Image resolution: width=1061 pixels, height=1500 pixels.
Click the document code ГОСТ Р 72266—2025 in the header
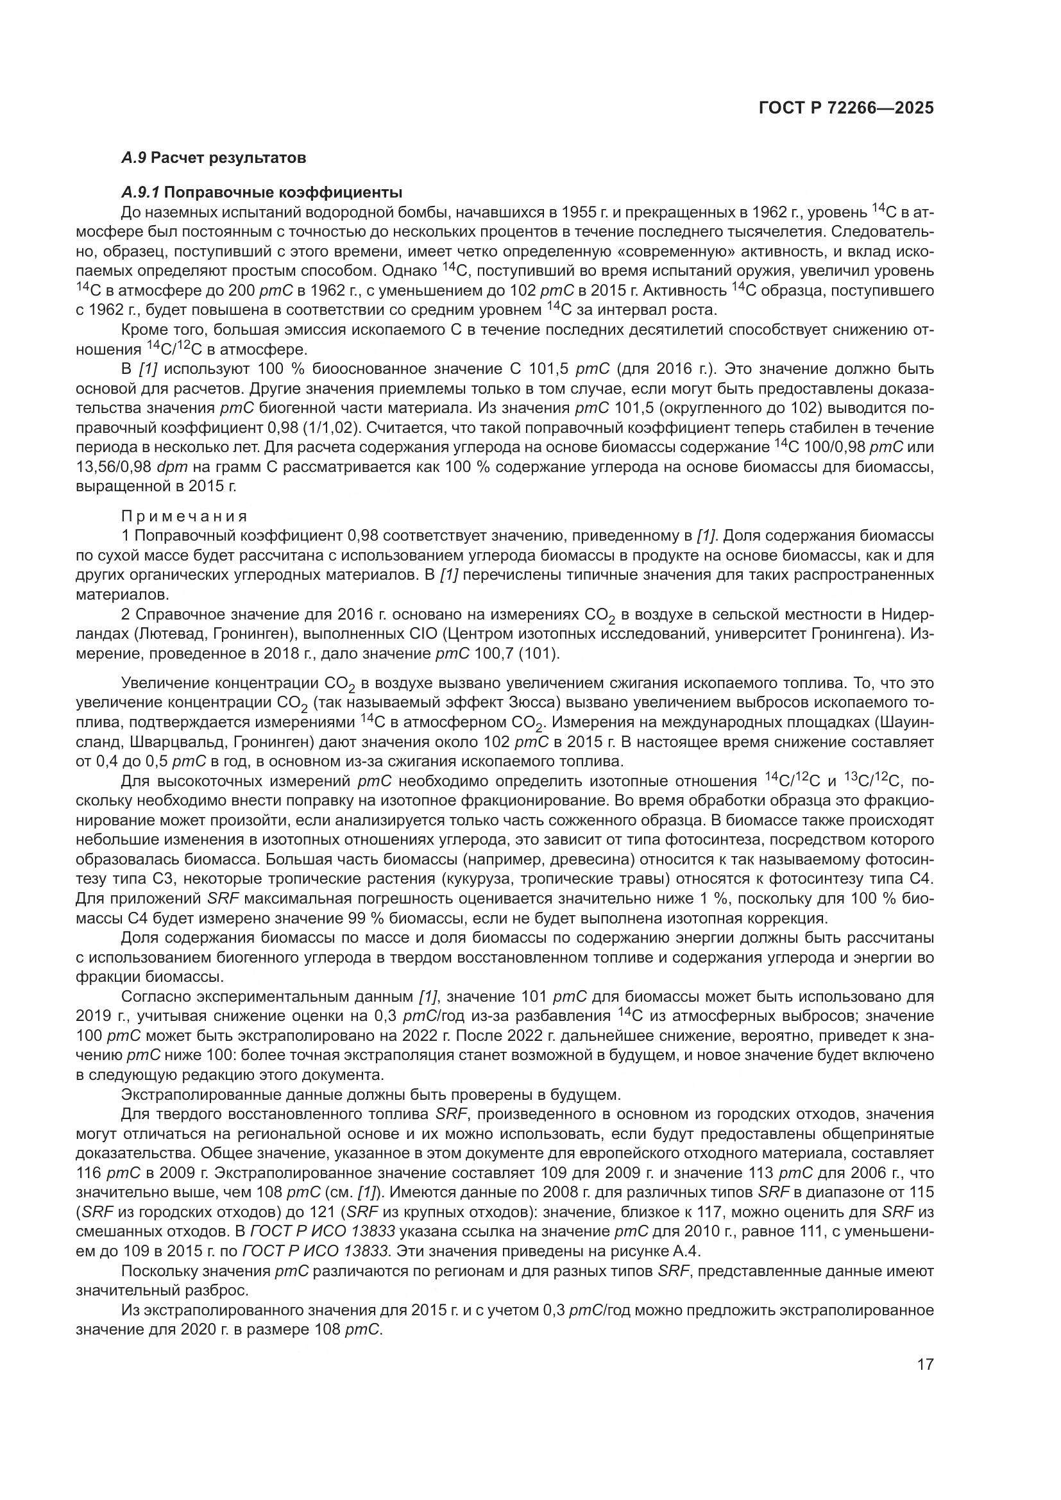pos(846,108)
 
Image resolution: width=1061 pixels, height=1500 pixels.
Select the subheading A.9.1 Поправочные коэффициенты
pos(261,193)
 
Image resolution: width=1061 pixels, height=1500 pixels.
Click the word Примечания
pos(184,516)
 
